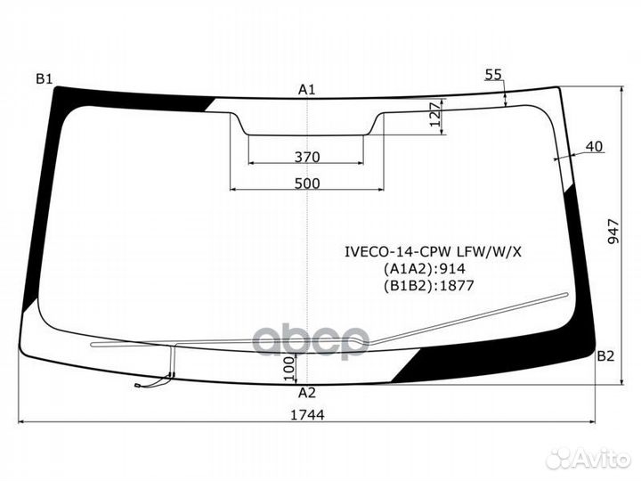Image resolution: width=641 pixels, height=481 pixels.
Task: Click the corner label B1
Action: (45, 80)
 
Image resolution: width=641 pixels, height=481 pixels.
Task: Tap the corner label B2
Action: (605, 356)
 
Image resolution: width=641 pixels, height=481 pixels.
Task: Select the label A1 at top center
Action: (307, 89)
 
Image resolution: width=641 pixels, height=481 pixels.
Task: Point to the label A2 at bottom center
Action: (306, 393)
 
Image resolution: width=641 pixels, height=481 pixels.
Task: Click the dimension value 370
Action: (306, 158)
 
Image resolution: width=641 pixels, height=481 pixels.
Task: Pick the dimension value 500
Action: (306, 183)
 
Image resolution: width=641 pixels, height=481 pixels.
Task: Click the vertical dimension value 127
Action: (434, 116)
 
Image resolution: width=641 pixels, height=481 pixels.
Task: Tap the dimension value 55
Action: (493, 76)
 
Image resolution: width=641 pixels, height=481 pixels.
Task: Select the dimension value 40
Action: (595, 146)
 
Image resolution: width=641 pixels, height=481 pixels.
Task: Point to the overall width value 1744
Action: (307, 414)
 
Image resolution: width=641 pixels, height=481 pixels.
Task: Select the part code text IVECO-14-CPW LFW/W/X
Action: (434, 251)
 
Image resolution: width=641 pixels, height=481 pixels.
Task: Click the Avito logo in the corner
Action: (588, 459)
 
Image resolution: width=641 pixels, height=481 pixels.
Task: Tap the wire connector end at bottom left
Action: (139, 385)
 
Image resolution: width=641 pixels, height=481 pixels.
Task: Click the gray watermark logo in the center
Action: (312, 338)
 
